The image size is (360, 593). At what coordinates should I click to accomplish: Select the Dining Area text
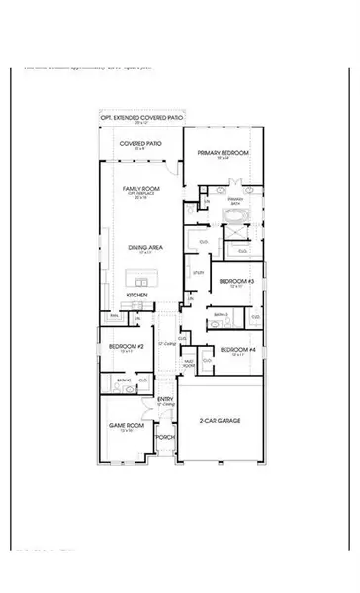pos(144,249)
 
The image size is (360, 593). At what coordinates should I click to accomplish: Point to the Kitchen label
pos(137,295)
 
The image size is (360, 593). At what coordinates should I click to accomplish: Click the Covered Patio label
pos(142,143)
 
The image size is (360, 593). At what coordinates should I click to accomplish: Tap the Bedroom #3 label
pos(237,282)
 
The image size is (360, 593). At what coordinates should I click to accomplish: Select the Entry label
pos(166,398)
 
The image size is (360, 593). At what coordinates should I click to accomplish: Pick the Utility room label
pos(199,271)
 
